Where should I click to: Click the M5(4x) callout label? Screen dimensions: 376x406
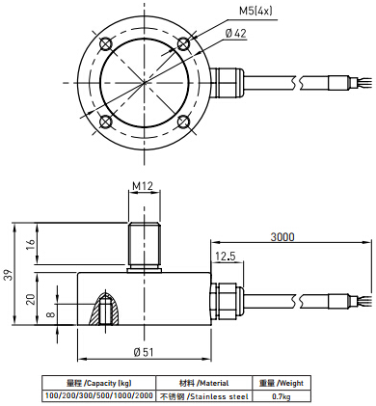[x=255, y=12]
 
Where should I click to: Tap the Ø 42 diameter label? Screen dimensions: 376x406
[x=235, y=33]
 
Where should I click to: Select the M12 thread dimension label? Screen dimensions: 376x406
[x=143, y=186]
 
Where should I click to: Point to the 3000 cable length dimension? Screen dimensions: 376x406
[x=282, y=237]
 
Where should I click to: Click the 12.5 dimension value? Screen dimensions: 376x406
[x=226, y=257]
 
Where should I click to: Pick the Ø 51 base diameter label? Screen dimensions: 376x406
[x=144, y=352]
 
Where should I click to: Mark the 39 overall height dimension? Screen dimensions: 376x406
[x=9, y=274]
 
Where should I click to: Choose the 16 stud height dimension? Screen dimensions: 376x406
[x=30, y=246]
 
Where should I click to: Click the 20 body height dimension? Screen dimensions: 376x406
[x=30, y=299]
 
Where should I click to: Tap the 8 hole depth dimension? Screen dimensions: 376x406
[x=51, y=314]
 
